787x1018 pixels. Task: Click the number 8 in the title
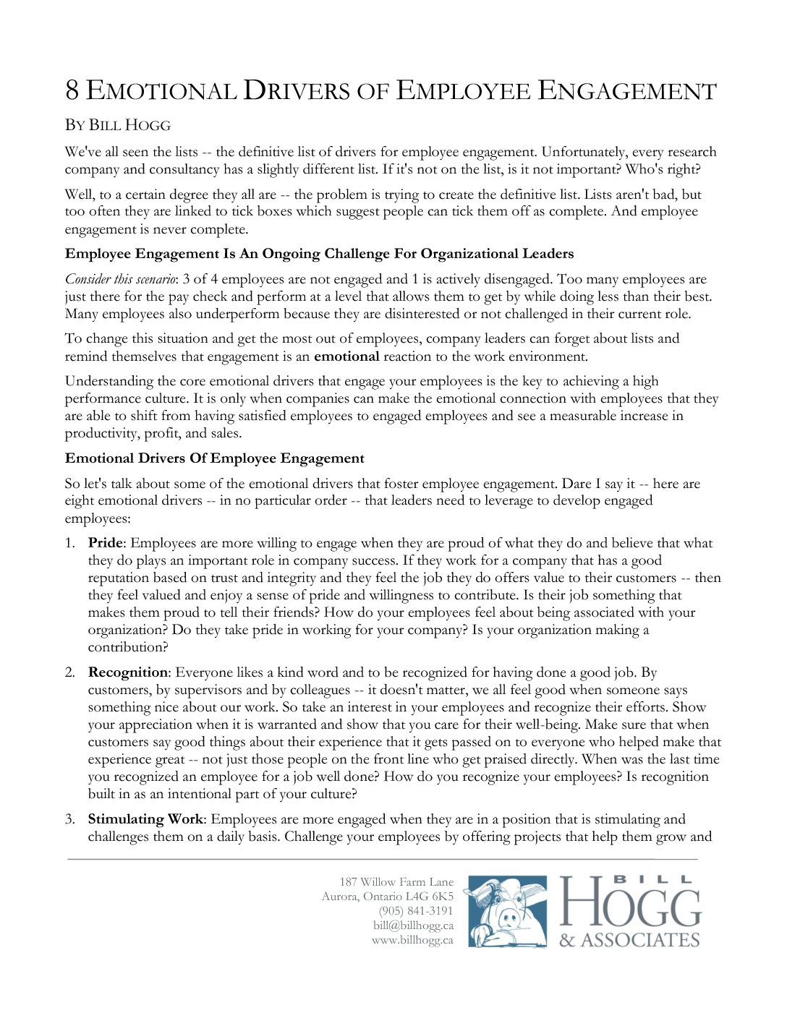point(72,91)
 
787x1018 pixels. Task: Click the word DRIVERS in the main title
point(297,91)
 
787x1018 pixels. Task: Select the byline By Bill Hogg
point(118,125)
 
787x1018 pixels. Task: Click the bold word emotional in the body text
point(346,356)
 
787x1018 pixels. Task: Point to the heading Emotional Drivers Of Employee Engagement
point(215,458)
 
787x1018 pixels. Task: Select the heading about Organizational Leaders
point(319,254)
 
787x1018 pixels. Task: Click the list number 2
point(69,673)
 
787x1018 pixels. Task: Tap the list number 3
point(69,819)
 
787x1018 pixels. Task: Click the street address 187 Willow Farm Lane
point(396,882)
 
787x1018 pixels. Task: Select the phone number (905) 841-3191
point(416,911)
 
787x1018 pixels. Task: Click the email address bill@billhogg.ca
point(413,925)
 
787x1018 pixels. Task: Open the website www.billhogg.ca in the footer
point(412,940)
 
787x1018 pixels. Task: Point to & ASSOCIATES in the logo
point(629,940)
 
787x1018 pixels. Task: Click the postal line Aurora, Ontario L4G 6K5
point(388,897)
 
